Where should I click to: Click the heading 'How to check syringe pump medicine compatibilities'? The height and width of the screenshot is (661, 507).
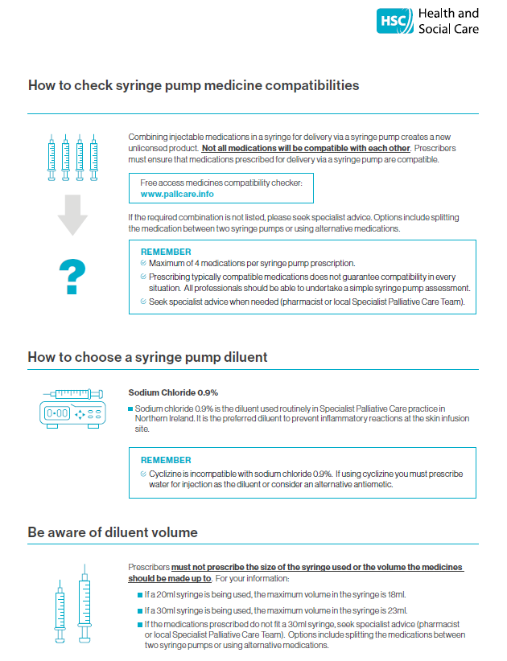[x=193, y=85]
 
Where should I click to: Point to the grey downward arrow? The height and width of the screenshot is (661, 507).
[x=72, y=215]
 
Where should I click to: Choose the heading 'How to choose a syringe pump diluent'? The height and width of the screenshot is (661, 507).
[x=147, y=356]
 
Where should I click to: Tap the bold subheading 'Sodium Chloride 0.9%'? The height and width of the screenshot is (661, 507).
[x=173, y=393]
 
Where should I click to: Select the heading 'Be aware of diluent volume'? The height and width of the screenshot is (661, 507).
[x=112, y=532]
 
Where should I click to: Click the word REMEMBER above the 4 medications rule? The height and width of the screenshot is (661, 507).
[x=166, y=252]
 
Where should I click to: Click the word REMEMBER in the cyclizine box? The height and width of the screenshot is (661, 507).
[x=166, y=461]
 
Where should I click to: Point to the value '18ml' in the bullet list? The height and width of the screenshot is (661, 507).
[x=397, y=595]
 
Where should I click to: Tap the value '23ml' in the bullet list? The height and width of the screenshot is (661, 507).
[x=397, y=610]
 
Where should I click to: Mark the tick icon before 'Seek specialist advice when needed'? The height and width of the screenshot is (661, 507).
[x=143, y=302]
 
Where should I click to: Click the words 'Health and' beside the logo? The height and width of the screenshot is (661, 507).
[x=448, y=14]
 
